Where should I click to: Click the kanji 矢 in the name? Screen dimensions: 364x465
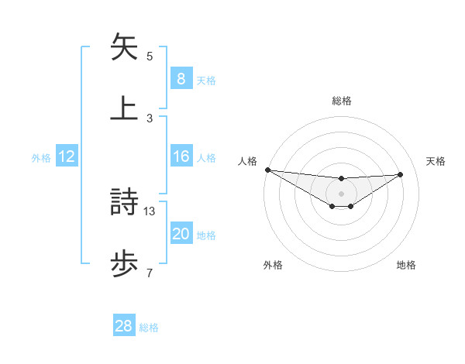pyautogui.click(x=125, y=47)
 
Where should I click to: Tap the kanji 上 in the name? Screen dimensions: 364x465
pyautogui.click(x=125, y=108)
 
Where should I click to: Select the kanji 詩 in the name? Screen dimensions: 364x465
pyautogui.click(x=125, y=203)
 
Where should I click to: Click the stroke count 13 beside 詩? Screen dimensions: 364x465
pyautogui.click(x=150, y=211)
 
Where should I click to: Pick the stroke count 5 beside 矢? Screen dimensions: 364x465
pyautogui.click(x=150, y=57)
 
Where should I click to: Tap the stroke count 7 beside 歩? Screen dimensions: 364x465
pyautogui.click(x=150, y=272)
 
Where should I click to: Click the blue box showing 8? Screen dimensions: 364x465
pyautogui.click(x=181, y=79)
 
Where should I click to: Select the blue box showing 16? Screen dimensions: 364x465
pyautogui.click(x=181, y=156)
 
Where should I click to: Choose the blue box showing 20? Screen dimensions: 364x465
pyautogui.click(x=181, y=234)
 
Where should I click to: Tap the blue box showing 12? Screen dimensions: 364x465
pyautogui.click(x=67, y=156)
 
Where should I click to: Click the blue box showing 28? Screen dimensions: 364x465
pyautogui.click(x=124, y=327)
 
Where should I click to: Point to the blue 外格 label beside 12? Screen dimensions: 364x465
pyautogui.click(x=41, y=158)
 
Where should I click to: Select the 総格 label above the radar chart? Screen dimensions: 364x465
pyautogui.click(x=341, y=101)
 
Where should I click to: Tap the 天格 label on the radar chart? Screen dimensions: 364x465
pyautogui.click(x=436, y=161)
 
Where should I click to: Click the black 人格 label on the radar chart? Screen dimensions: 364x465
pyautogui.click(x=247, y=161)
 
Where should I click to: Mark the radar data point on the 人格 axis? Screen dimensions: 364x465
pyautogui.click(x=267, y=170)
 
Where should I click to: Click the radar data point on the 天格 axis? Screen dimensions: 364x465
pyautogui.click(x=401, y=174)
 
